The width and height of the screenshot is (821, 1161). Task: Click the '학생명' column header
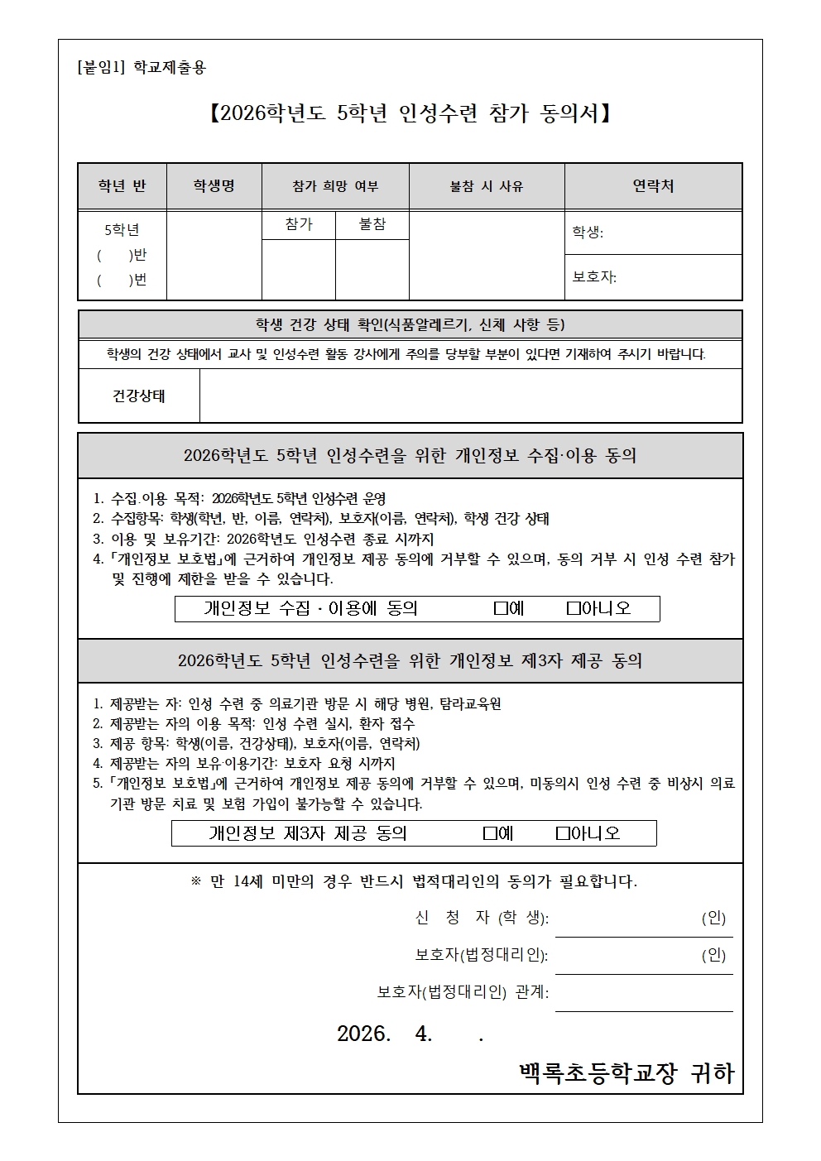[x=214, y=186]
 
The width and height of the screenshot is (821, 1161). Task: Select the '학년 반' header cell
[x=122, y=186]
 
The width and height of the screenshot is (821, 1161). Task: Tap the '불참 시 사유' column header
[x=487, y=186]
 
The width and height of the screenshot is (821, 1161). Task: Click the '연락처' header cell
[x=653, y=186]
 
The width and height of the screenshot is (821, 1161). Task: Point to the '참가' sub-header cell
[x=299, y=224]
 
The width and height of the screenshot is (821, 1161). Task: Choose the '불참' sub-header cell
[x=372, y=224]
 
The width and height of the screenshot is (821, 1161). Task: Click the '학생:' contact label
[x=588, y=233]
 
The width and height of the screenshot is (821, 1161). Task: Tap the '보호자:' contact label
[x=594, y=277]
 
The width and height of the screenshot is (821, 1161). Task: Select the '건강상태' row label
[x=139, y=396]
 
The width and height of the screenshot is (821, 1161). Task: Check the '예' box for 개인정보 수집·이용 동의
[x=500, y=609]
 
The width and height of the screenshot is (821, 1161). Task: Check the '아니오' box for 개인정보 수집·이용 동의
[x=574, y=609]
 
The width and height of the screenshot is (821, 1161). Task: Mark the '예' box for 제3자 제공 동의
[x=490, y=833]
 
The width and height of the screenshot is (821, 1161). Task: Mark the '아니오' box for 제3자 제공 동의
[x=563, y=833]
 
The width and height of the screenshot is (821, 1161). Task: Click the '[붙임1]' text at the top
[x=100, y=68]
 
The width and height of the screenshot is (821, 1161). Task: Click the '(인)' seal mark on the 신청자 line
[x=713, y=918]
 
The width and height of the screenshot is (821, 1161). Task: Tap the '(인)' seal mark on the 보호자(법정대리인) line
[x=713, y=955]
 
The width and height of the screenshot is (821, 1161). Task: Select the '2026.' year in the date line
[x=363, y=1034]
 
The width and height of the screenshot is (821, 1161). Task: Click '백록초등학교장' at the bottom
[x=598, y=1073]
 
